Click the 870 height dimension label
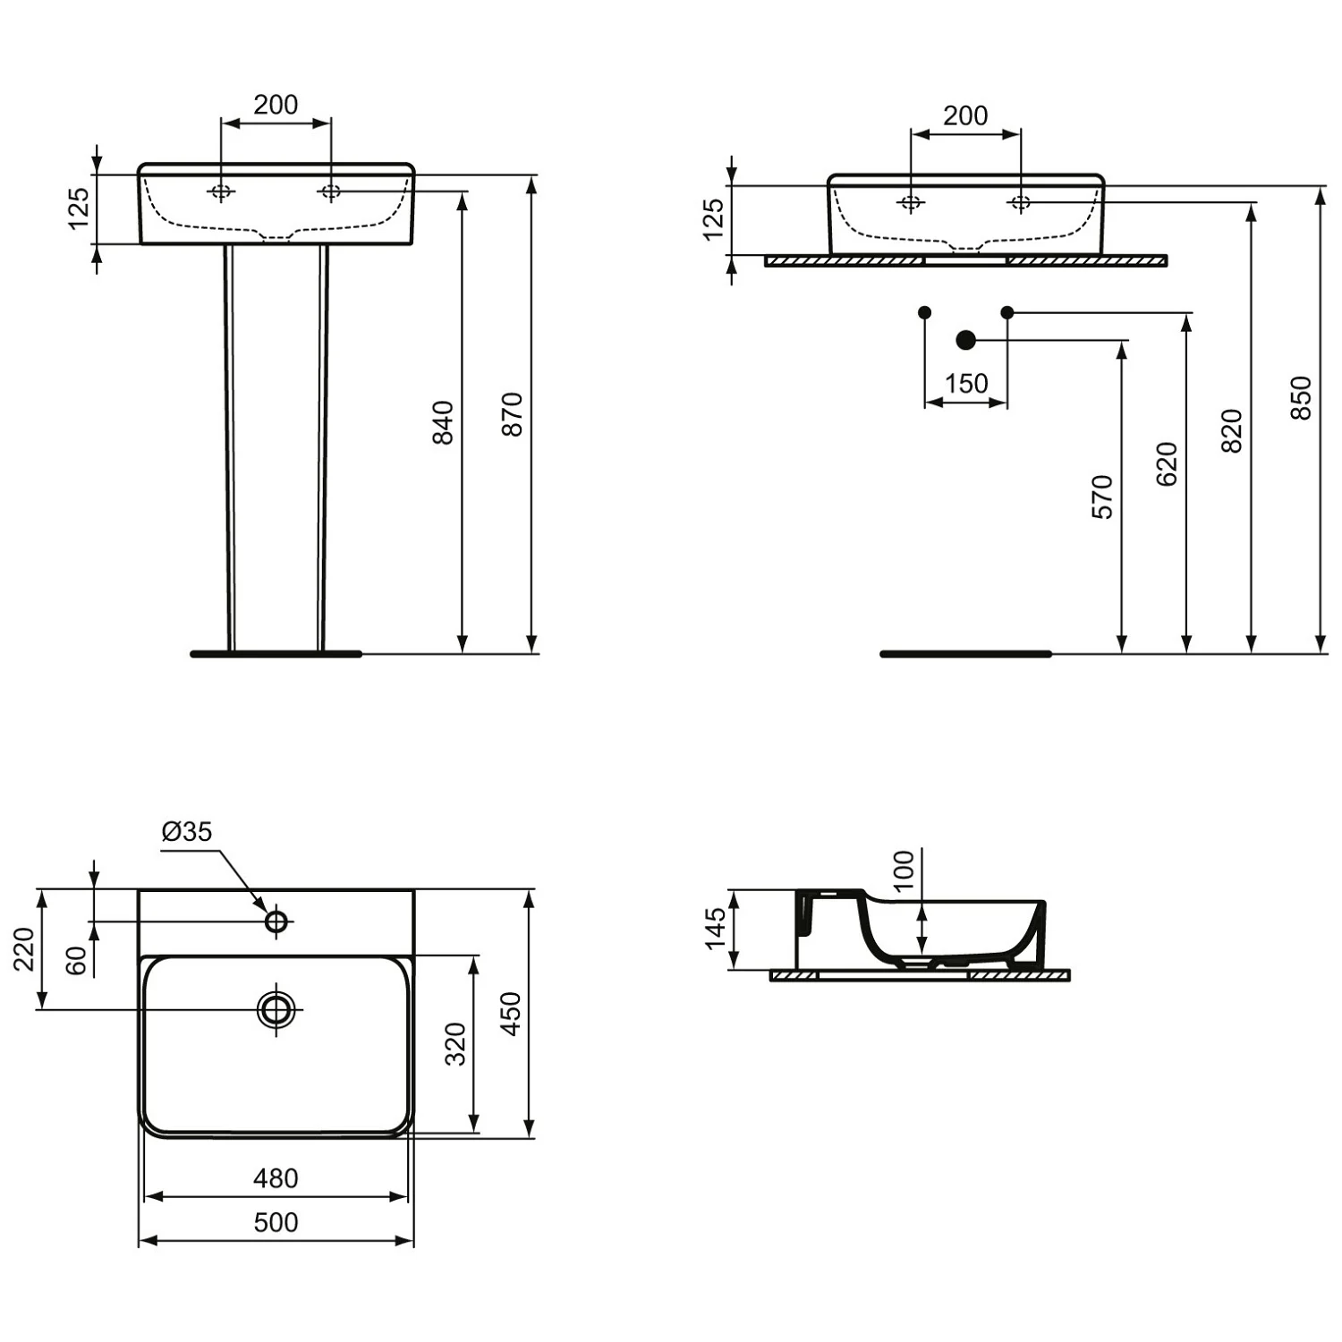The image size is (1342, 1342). click(512, 413)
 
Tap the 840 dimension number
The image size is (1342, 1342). click(443, 422)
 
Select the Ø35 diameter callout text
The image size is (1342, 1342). click(187, 832)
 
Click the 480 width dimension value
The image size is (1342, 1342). click(276, 1178)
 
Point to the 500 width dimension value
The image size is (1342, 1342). click(276, 1222)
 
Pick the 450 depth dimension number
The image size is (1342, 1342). click(511, 1014)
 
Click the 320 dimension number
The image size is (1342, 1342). click(456, 1043)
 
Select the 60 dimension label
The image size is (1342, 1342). click(78, 960)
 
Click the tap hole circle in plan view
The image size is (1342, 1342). click(276, 921)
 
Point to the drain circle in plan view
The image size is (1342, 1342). click(276, 1009)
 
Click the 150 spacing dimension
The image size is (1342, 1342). click(966, 384)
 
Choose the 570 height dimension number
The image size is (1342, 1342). click(1103, 497)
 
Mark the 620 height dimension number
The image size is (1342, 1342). click(1168, 463)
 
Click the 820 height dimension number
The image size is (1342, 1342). click(1233, 430)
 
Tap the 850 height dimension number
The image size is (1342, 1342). click(1302, 398)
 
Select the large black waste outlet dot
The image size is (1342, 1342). click(965, 340)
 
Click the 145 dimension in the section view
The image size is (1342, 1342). click(715, 928)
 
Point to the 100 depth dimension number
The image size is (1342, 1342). click(905, 870)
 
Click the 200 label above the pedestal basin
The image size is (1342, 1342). click(276, 105)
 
